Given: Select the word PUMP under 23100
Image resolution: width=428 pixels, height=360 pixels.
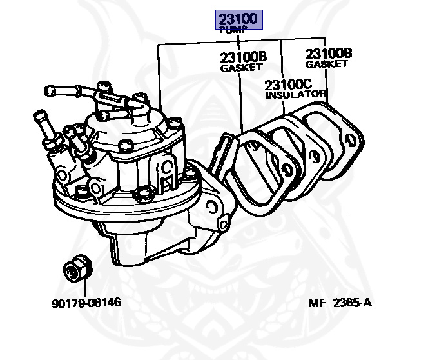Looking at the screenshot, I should pyautogui.click(x=230, y=30).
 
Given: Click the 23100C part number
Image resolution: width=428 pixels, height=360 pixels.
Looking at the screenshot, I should pyautogui.click(x=288, y=85).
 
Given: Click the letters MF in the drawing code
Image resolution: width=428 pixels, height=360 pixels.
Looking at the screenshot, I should pyautogui.click(x=317, y=303).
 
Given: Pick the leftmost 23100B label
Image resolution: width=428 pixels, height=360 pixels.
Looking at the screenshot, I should pyautogui.click(x=244, y=57).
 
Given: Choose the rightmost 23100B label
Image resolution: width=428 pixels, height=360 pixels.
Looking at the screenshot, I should pyautogui.click(x=328, y=54).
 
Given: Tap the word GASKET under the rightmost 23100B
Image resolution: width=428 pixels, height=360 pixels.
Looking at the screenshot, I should pyautogui.click(x=327, y=65).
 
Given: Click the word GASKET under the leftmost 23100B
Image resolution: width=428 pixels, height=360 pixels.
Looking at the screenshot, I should pyautogui.click(x=242, y=68).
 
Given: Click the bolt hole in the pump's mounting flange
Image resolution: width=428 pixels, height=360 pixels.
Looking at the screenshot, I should pyautogui.click(x=212, y=207).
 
